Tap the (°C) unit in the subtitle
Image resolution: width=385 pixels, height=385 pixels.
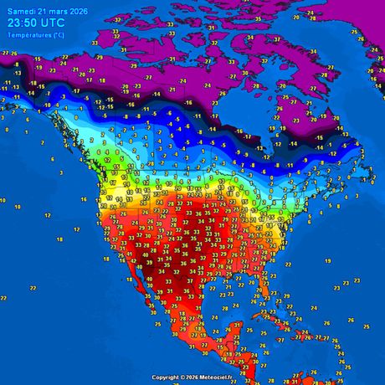pos(55,35)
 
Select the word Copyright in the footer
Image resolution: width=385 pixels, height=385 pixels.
pos(167,377)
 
